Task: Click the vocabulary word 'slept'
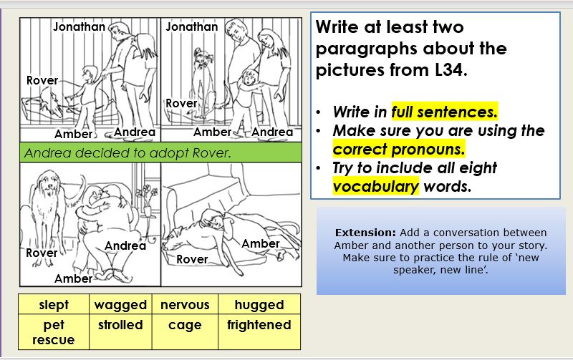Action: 54,305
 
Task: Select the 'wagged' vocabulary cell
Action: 120,305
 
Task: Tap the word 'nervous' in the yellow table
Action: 185,305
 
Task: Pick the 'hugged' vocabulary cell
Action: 259,305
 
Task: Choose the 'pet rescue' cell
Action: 53,332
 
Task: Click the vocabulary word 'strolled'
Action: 120,325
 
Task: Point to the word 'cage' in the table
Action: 185,326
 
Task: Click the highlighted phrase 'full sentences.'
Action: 444,112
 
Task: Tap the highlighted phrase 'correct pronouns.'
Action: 399,149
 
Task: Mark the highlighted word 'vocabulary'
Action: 375,186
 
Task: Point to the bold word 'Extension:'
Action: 365,233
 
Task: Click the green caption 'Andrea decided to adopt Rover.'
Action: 127,152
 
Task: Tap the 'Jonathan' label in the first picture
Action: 79,26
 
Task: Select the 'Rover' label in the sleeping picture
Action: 192,259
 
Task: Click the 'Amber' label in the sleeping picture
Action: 260,243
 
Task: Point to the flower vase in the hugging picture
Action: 148,210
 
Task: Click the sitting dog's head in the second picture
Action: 200,58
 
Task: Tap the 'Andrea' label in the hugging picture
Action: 125,245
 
